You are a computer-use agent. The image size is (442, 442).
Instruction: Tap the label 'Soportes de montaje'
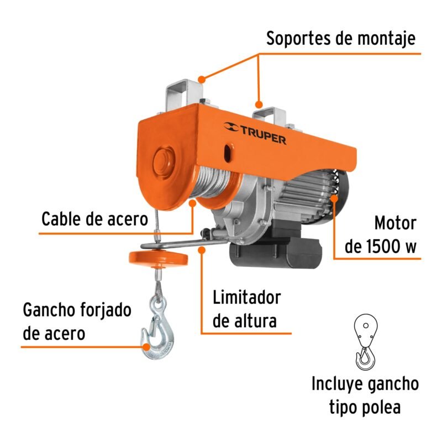pyautogui.click(x=340, y=39)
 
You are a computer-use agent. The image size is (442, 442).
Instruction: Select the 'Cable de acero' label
pyautogui.click(x=95, y=219)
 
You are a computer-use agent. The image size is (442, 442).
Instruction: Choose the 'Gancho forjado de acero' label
pyautogui.click(x=77, y=322)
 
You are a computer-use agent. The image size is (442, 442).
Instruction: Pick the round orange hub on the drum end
pyautogui.click(x=164, y=162)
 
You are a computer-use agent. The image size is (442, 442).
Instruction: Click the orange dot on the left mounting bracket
pyautogui.click(x=202, y=78)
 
